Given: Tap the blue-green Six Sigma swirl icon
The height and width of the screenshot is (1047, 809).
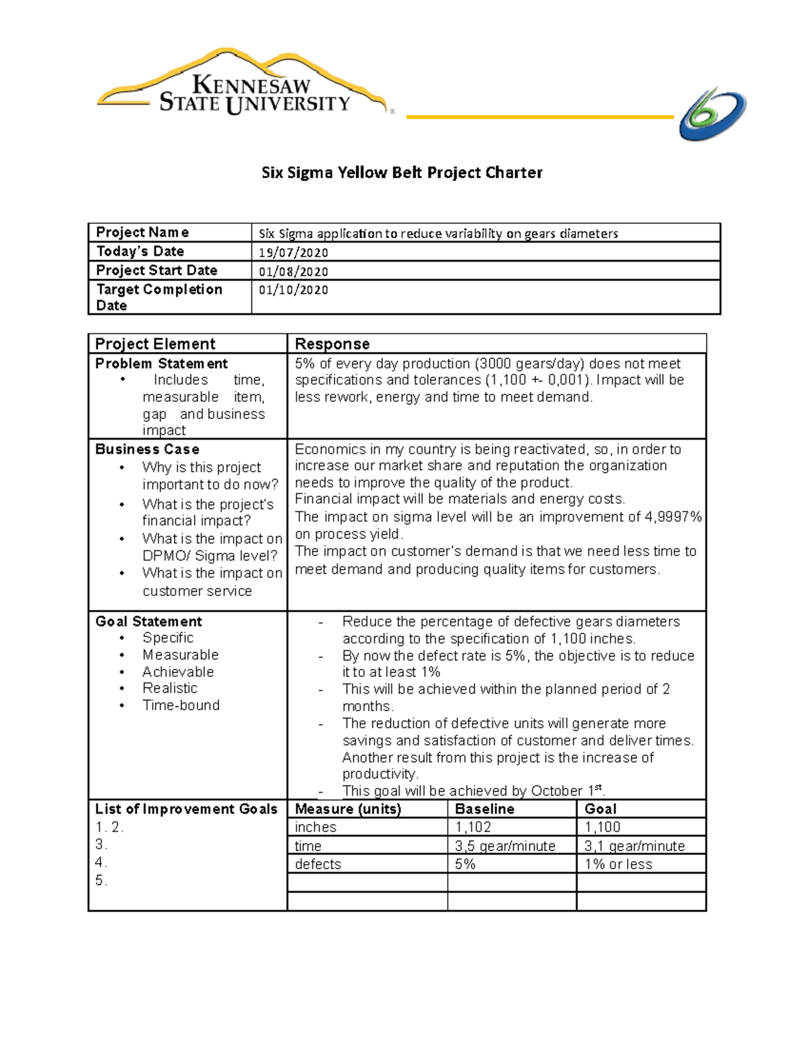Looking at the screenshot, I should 712,114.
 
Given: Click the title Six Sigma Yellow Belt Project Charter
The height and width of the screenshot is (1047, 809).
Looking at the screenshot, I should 402,173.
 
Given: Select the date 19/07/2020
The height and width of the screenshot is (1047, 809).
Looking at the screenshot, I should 293,253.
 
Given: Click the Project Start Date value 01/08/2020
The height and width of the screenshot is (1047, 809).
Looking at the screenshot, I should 293,272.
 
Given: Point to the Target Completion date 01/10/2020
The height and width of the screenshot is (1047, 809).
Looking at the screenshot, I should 293,290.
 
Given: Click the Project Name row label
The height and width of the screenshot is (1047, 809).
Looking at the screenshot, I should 142,233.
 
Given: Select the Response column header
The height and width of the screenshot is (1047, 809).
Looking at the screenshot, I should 332,344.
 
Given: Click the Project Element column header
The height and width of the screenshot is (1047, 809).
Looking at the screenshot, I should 155,344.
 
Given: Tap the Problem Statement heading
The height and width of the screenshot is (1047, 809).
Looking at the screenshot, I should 161,363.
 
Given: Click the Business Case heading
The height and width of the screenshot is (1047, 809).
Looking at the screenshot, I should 147,449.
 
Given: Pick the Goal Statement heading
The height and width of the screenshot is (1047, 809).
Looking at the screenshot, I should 148,622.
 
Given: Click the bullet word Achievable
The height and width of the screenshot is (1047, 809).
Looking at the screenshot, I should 178,671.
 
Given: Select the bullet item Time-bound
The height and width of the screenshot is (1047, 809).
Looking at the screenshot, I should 181,705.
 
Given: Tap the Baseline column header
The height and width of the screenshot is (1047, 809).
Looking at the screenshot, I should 484,809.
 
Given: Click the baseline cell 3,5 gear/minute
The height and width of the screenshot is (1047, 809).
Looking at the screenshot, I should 505,846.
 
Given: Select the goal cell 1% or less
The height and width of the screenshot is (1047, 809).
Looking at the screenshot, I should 618,864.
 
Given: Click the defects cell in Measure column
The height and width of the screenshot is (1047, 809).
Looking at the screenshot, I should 318,864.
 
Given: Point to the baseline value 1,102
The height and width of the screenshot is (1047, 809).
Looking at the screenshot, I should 473,827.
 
